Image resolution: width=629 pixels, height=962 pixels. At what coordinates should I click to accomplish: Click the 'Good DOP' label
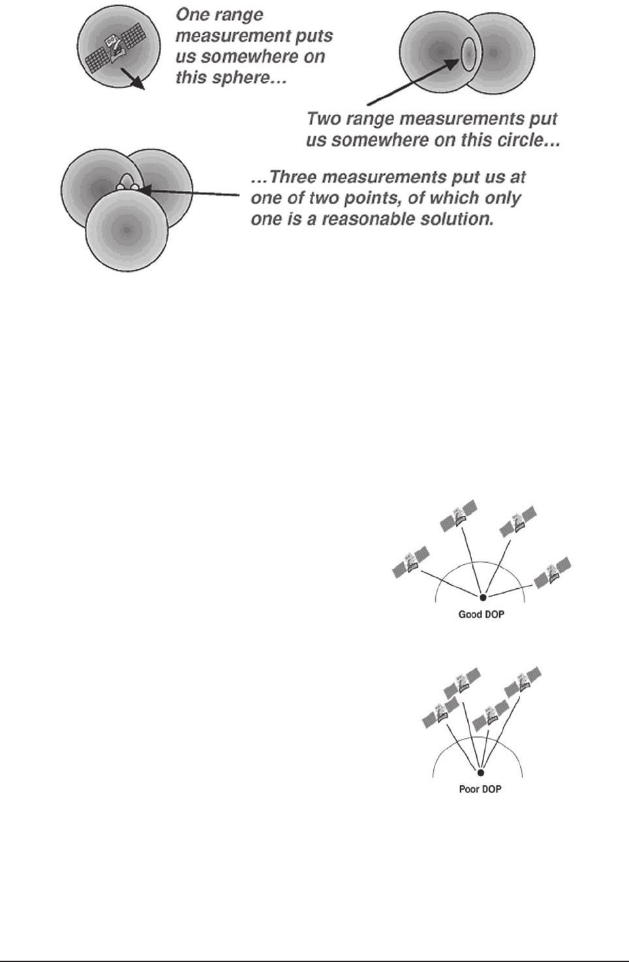[481, 614]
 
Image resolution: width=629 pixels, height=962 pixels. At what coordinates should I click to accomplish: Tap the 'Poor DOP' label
[480, 789]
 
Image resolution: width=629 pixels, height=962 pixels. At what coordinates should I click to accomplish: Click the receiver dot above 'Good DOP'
[483, 597]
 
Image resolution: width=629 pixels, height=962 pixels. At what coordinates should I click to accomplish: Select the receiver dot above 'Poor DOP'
[481, 772]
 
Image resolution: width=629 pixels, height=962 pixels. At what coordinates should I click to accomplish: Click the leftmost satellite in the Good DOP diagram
[410, 562]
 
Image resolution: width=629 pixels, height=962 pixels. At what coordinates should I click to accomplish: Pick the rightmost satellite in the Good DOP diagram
[552, 572]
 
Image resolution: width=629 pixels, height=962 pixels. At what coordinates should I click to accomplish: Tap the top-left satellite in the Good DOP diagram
[458, 514]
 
